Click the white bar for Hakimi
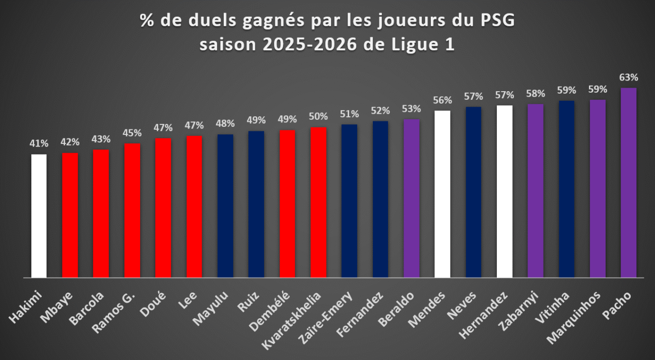[x=39, y=215]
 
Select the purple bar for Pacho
[x=629, y=183]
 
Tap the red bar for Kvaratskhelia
[x=318, y=202]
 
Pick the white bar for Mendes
[x=442, y=194]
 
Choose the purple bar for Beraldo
[x=412, y=198]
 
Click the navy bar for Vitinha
[x=567, y=189]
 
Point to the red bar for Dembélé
[x=287, y=204]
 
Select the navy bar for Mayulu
[x=225, y=206]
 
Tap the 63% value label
[x=629, y=78]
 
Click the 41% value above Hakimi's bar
[x=39, y=143]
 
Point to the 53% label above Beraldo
[x=412, y=109]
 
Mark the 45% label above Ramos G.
[x=132, y=133]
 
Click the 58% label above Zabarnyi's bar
[x=536, y=94]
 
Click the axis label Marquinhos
[x=573, y=318]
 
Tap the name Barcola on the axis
[x=87, y=308]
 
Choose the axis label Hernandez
[x=483, y=315]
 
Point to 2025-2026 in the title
[x=310, y=45]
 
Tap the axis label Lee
[x=188, y=300]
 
